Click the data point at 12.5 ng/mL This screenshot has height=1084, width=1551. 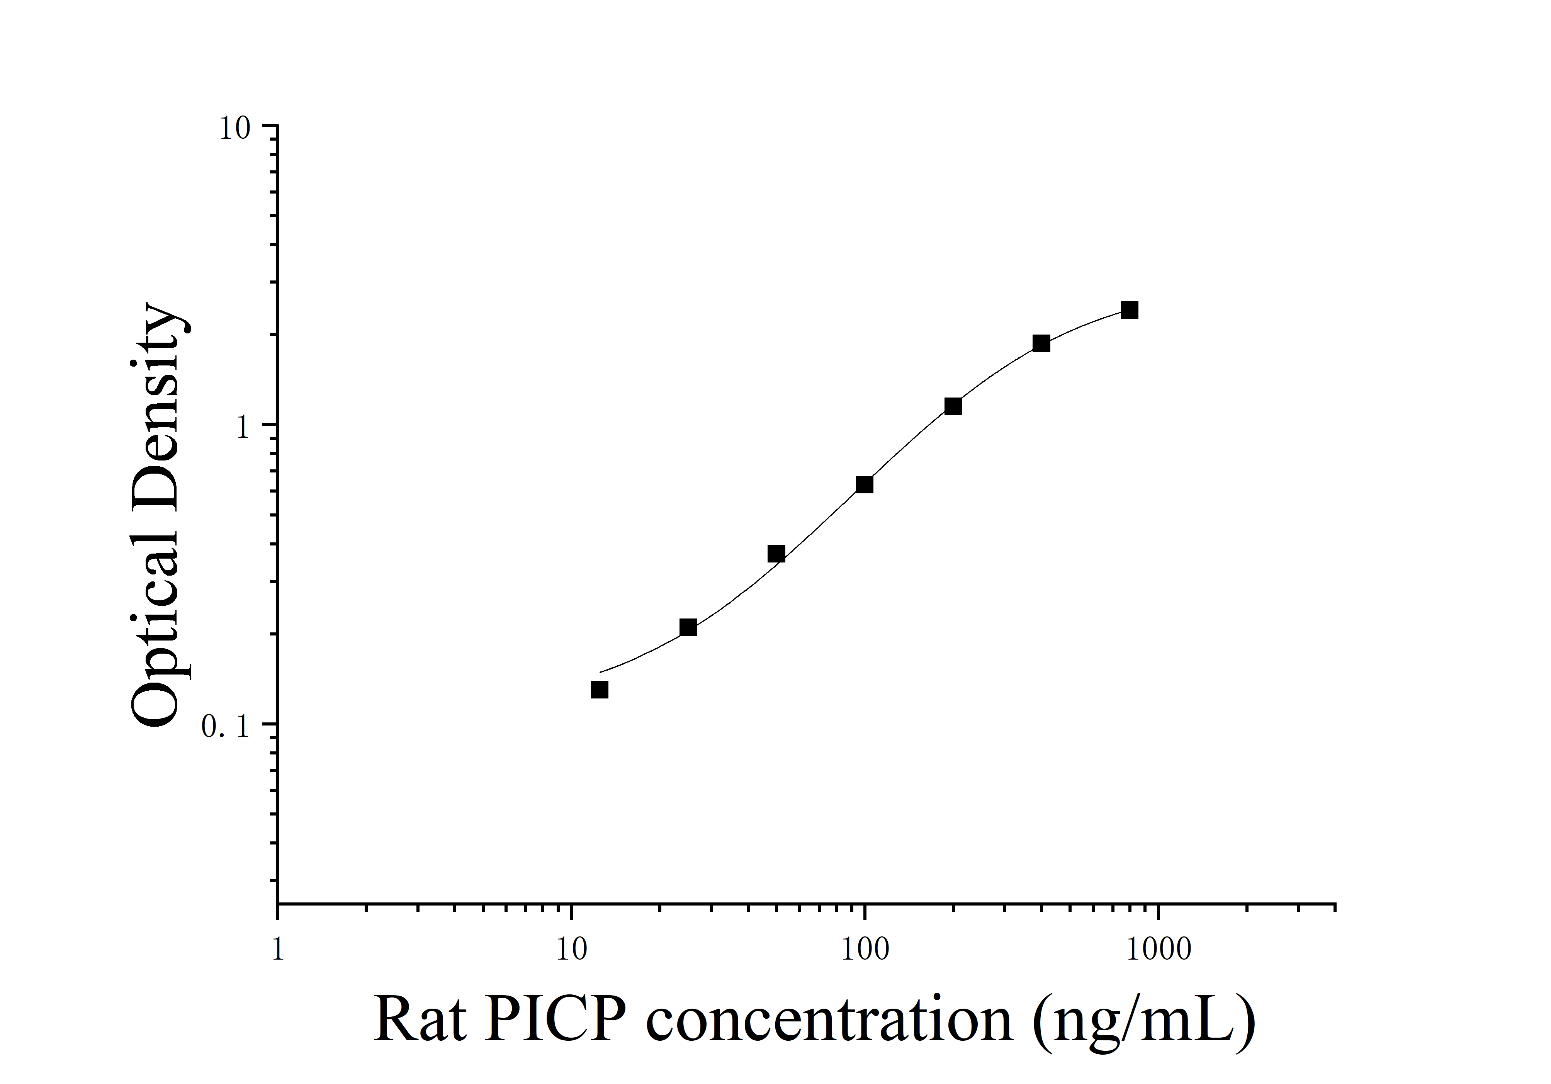599,690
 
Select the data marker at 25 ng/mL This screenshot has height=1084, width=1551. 688,627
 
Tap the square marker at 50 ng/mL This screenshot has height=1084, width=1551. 776,554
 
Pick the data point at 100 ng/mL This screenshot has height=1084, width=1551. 865,484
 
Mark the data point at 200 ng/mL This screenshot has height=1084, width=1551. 953,406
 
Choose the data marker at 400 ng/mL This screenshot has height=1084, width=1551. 1041,343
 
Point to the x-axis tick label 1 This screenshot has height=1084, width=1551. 278,949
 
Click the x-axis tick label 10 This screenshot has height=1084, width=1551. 571,949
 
